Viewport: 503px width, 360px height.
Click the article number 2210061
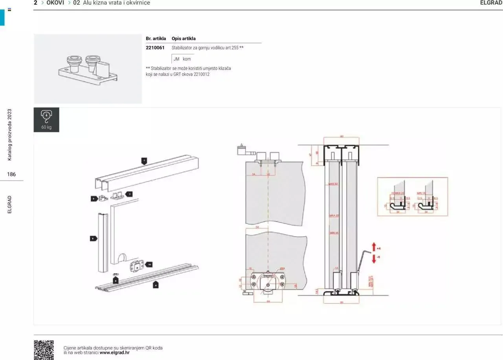click(x=155, y=48)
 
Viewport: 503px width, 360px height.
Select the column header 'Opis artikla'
click(x=184, y=38)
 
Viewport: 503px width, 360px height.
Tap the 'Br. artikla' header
click(x=156, y=38)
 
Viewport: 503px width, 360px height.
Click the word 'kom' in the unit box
click(x=187, y=59)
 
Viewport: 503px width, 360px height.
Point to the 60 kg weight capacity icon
click(x=46, y=119)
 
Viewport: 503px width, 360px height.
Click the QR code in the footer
click(x=44, y=350)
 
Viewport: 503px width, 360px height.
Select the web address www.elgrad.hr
click(x=114, y=353)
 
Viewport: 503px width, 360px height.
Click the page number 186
click(x=11, y=174)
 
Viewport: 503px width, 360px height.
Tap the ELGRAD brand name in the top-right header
click(x=491, y=3)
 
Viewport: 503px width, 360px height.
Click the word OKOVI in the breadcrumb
click(x=55, y=3)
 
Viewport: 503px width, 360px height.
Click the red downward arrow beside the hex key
click(x=374, y=259)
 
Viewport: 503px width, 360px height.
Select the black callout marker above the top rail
click(x=144, y=160)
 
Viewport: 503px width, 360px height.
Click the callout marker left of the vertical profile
click(x=93, y=238)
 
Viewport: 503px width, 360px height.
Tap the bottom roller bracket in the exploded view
click(x=136, y=267)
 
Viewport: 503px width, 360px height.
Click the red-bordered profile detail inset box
click(x=412, y=196)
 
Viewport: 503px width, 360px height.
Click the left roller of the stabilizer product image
click(x=73, y=63)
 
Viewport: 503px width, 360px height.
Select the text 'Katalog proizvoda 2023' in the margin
click(x=10, y=134)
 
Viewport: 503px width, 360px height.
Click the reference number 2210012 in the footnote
click(x=202, y=74)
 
